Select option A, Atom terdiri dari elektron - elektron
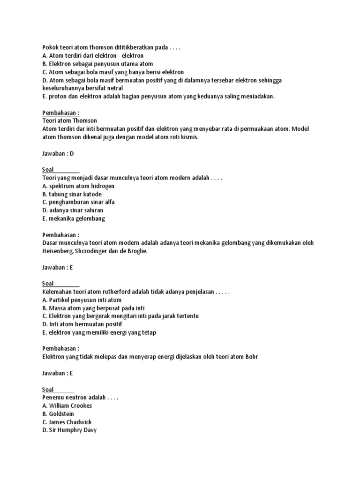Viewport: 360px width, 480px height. (92, 55)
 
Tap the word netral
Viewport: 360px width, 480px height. (114, 88)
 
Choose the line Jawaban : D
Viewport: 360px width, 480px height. (58, 153)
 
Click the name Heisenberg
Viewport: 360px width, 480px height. (58, 251)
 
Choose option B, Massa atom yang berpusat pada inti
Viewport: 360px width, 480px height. (93, 308)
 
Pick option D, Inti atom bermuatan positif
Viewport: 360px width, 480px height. (82, 324)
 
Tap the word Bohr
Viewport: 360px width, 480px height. (250, 357)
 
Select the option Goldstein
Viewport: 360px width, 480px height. (59, 414)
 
